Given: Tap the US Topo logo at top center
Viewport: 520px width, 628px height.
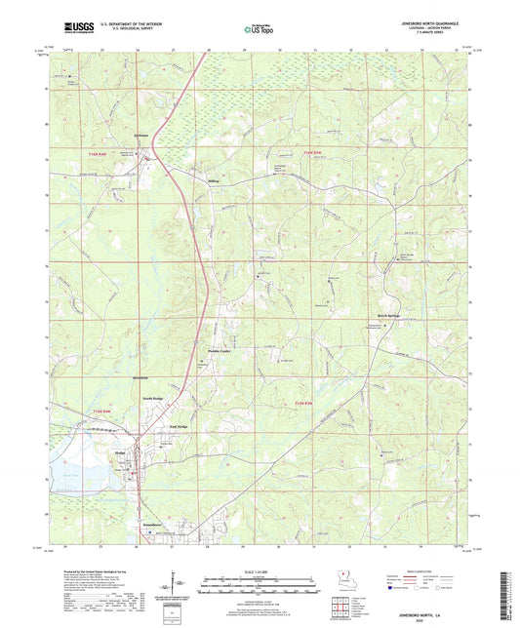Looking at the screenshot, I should point(259,30).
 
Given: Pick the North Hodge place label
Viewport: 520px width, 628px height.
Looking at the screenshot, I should point(152,398).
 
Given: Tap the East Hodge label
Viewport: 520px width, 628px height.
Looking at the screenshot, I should point(178,427).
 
